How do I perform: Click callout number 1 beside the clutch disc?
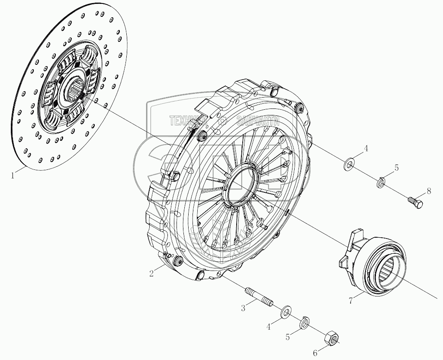tap(13, 175)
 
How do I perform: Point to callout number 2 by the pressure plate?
tap(151, 273)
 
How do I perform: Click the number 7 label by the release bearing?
tap(351, 299)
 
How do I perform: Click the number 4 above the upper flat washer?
tap(366, 149)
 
